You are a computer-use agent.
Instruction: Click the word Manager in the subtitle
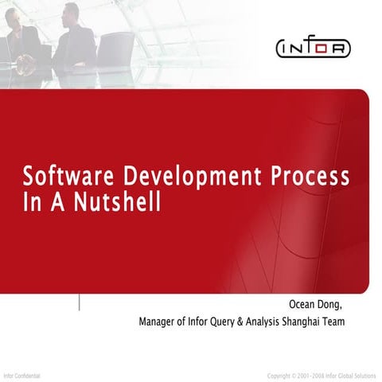158,322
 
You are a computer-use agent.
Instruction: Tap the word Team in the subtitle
355,322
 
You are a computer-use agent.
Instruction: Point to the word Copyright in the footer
281,374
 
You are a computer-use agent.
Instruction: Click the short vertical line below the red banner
78,303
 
